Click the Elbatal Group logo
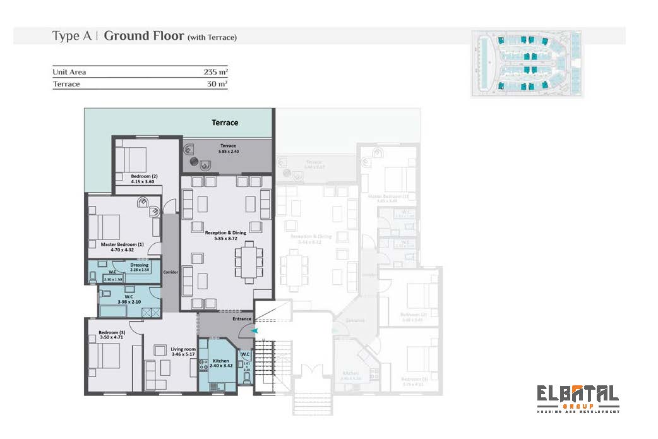coord(577,398)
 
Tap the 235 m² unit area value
coord(216,72)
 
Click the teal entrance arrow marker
coord(254,330)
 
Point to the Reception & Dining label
coord(225,236)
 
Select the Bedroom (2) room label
coord(144,179)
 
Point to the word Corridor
coord(171,272)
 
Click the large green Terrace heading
coord(225,123)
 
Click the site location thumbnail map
coord(527,63)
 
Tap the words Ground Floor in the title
coord(143,36)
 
